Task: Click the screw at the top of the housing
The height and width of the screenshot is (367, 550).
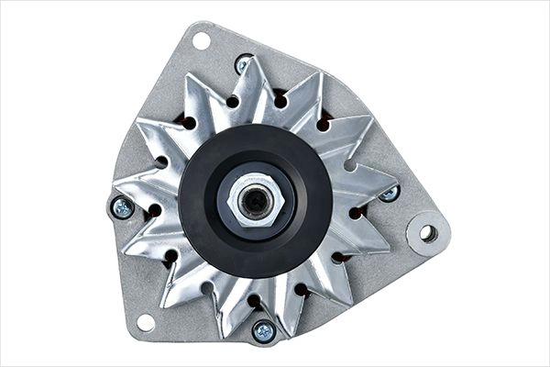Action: pyautogui.click(x=244, y=64)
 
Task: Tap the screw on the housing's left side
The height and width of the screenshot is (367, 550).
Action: pyautogui.click(x=123, y=207)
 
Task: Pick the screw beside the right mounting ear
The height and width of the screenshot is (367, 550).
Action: pyautogui.click(x=389, y=193)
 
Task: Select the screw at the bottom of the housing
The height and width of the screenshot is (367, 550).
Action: pyautogui.click(x=264, y=330)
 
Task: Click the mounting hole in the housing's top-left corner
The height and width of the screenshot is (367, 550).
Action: pyautogui.click(x=199, y=39)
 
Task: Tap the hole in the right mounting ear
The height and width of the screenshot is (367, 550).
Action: pyautogui.click(x=427, y=232)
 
